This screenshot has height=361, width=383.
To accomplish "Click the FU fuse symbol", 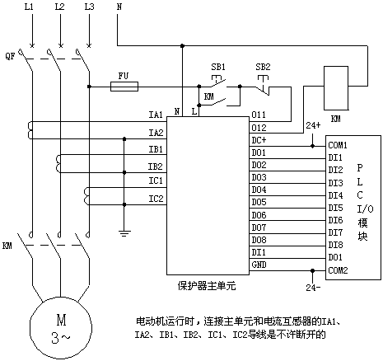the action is point(124,87).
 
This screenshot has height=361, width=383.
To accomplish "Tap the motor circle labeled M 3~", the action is point(61,328).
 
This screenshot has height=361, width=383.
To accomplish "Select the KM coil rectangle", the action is point(336,88).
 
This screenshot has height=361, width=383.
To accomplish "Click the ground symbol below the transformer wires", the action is point(124,233).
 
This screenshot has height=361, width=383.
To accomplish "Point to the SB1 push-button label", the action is point(218,67).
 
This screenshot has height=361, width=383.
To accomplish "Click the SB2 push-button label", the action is point(263,67).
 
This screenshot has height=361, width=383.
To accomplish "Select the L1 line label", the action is point(29,7).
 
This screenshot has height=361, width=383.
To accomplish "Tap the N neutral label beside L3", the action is point(119,7).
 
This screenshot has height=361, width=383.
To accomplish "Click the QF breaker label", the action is point(10,57).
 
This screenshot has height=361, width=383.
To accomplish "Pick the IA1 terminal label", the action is point(156,115).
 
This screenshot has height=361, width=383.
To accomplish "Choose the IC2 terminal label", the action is point(156,199).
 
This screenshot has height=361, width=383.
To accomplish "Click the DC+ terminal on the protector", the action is point(259,140).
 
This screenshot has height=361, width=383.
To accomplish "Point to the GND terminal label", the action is point(259,265).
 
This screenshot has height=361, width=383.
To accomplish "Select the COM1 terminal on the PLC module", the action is point(338,145).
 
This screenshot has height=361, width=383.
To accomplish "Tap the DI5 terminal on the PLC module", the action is point(335,208).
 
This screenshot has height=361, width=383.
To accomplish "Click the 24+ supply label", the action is point(313,125).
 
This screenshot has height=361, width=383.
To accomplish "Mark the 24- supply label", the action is point(313,288).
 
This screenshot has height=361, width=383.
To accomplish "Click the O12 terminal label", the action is point(259,128).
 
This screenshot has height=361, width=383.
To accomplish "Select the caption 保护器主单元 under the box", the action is point(207,286).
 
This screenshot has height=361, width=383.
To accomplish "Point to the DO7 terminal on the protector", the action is point(259,227).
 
